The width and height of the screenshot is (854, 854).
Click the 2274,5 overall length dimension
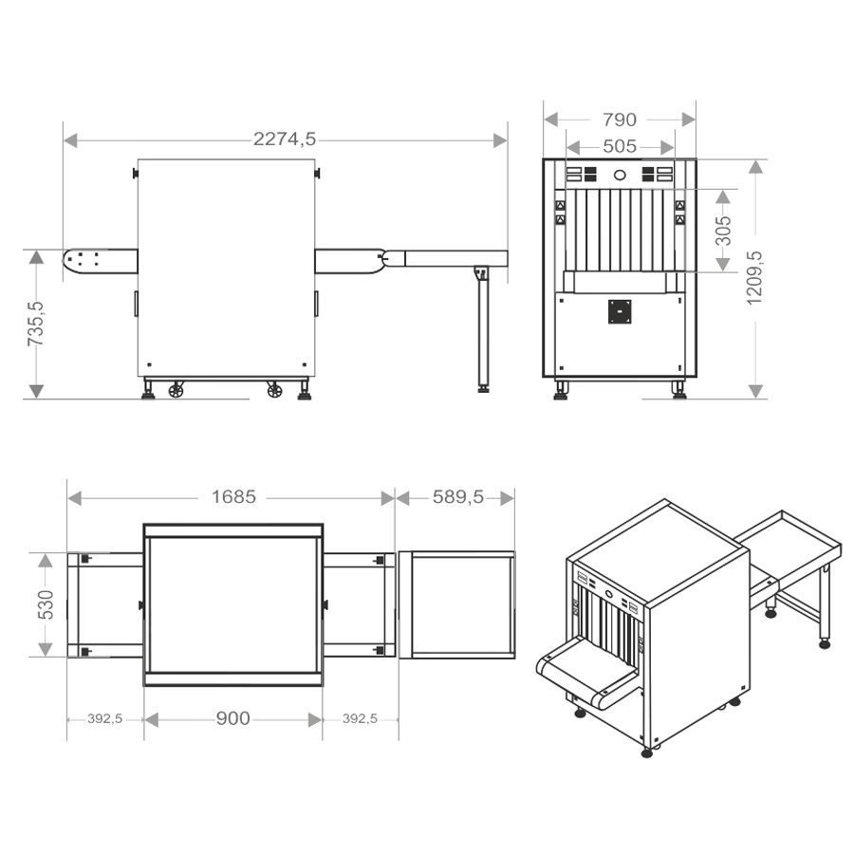pos(285,139)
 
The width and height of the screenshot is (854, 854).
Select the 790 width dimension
pos(620,120)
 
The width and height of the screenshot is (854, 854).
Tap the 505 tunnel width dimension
pos(620,146)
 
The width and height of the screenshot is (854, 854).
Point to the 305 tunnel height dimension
pos(723,231)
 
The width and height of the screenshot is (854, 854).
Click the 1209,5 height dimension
pos(755,278)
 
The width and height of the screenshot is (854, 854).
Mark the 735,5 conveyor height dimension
pos(36,324)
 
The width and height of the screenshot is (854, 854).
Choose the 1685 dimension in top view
pos(233,496)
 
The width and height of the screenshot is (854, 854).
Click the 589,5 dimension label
pos(458,496)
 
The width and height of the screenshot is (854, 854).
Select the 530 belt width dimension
pos(46,604)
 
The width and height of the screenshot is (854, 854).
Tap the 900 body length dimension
pos(233,718)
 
